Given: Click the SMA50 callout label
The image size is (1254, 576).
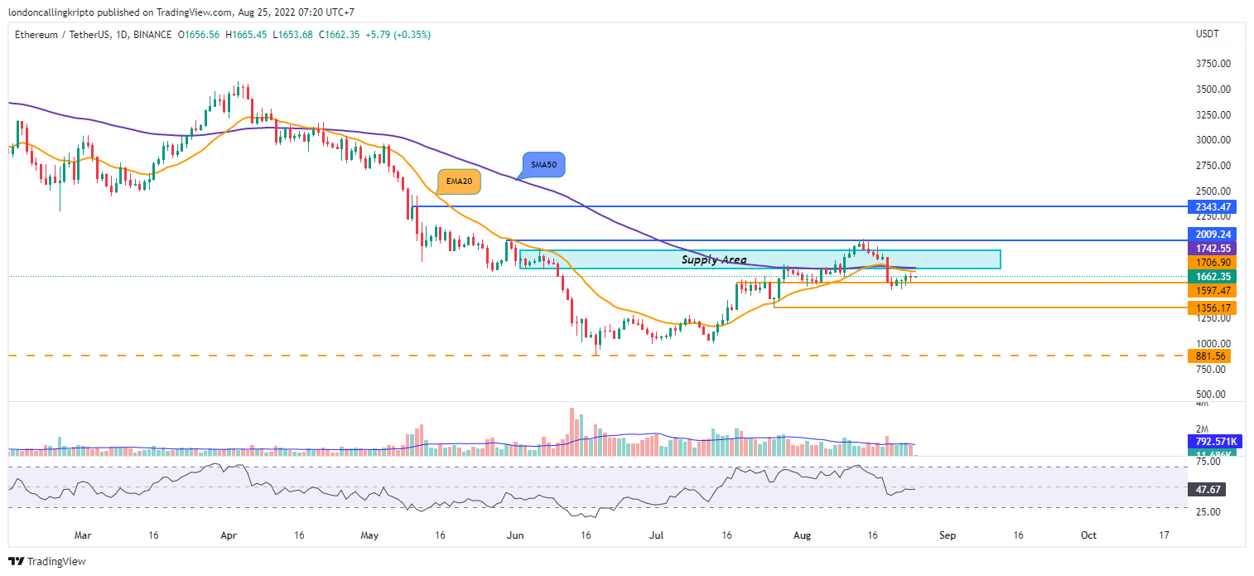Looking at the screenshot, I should point(543,166).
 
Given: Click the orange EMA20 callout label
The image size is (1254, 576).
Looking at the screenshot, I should point(460,182).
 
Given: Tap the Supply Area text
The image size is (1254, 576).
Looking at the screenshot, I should point(714,260).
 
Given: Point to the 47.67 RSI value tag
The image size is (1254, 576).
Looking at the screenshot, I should point(1206,490).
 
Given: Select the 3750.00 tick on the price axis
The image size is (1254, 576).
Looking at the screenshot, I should point(1212,64).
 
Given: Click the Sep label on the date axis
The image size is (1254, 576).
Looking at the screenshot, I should point(948,535).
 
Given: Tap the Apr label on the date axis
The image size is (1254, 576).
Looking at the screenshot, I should point(229,535).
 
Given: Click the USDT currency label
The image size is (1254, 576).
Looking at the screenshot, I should point(1208,34).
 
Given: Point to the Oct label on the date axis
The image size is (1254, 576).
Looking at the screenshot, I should point(1088,535).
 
